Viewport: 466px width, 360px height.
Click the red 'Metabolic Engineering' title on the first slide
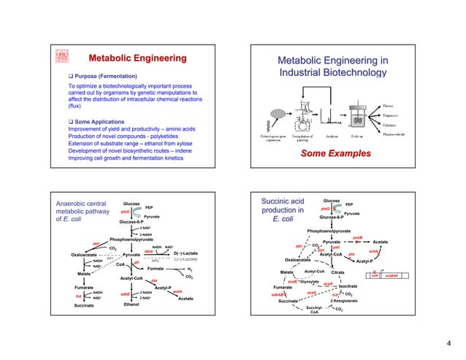click(x=137, y=58)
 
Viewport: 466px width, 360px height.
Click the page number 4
click(x=451, y=342)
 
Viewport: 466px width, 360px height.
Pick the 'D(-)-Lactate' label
click(x=186, y=253)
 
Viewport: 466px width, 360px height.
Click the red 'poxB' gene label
click(x=357, y=237)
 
